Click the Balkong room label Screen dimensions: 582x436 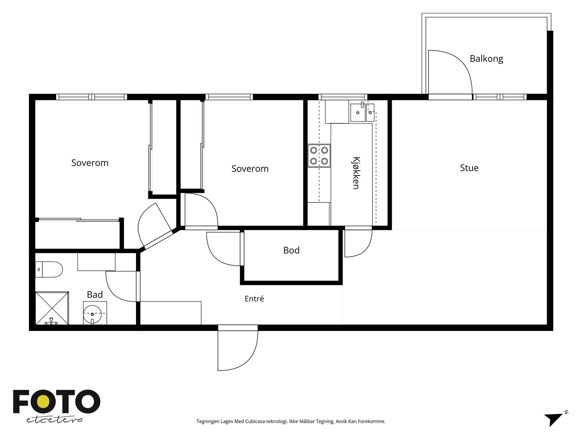click(x=486, y=59)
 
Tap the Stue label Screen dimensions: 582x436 click(x=469, y=168)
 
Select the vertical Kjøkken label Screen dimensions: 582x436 click(x=356, y=173)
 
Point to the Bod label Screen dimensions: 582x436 click(x=291, y=250)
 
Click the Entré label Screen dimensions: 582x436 click(x=254, y=299)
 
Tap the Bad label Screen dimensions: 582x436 click(x=95, y=295)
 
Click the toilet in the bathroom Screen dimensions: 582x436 click(x=49, y=270)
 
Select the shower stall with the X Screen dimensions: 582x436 click(x=52, y=308)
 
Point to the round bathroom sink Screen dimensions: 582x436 click(x=92, y=314)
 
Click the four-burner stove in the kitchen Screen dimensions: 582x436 click(x=319, y=156)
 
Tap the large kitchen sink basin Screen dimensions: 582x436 click(x=358, y=113)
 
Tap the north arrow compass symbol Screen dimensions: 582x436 click(x=555, y=423)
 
